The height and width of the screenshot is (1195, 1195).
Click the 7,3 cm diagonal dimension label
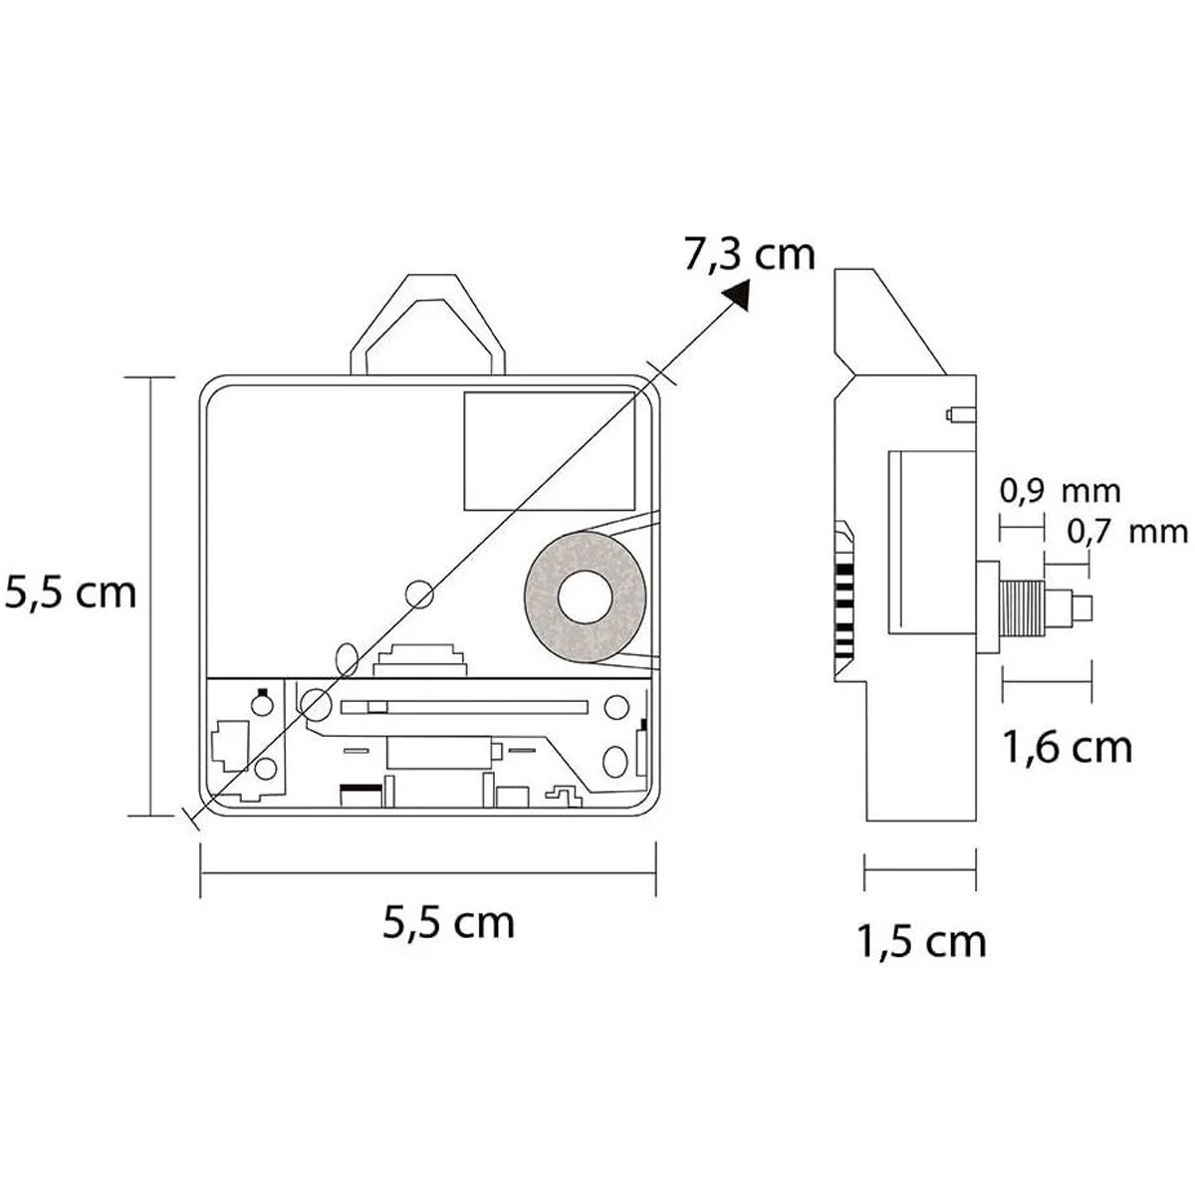coord(749,254)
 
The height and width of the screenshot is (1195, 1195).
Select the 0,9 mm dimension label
coord(1060,492)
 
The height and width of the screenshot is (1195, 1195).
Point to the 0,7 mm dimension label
coord(1127,532)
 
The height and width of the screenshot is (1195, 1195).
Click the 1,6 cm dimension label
coord(1068,747)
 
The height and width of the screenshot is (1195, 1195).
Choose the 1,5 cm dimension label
coord(921,942)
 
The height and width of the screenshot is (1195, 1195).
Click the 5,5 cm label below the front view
coord(448,922)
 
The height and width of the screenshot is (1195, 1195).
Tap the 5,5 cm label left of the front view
coord(70,593)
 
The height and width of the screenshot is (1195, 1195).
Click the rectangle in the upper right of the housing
coord(550,451)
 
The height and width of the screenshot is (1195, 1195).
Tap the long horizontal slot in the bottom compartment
coord(464,707)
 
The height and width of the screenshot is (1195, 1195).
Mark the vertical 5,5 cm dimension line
coord(150,596)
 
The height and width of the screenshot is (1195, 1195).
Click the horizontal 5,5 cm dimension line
coord(428,873)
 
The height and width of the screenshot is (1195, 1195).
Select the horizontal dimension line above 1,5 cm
coord(920,869)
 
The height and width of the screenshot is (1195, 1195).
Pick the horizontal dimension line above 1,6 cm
coord(1047,681)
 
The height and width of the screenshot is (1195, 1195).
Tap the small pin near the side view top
coord(961,414)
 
